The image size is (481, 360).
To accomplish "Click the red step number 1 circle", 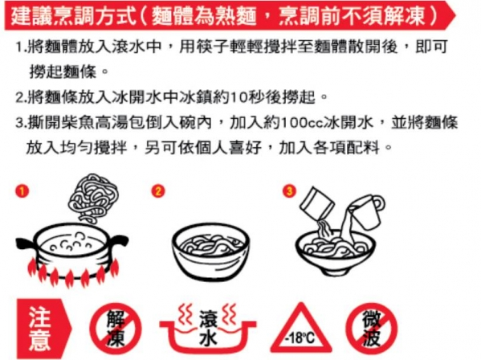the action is coord(22,191).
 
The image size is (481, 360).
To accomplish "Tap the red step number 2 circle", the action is coord(158,191).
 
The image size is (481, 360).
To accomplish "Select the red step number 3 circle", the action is coord(289,191).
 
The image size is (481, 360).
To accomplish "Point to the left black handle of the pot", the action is coord(26,243).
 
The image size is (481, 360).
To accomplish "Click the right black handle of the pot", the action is coord(120,240).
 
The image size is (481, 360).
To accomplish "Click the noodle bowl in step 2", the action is coord(210,251).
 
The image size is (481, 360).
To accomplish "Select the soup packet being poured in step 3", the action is coord(316,202).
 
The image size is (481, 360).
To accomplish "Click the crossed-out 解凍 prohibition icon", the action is coord(116,329).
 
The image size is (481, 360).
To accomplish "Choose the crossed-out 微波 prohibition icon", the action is coord(372,329).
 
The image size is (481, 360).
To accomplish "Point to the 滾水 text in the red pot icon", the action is coord(208,328).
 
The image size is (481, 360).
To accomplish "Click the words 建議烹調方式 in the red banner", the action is coord(74,15).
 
